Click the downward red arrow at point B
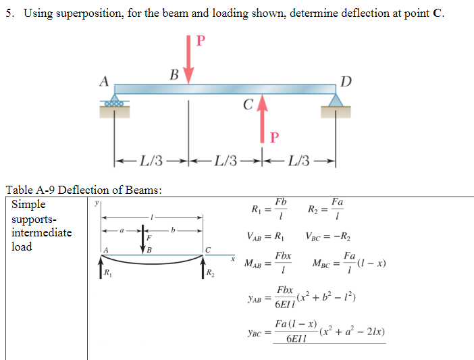tap(188, 57)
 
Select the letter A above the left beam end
tap(104, 80)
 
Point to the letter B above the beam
tap(174, 74)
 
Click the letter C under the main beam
tap(248, 105)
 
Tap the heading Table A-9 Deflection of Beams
tap(84, 190)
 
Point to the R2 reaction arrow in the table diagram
tap(203, 272)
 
